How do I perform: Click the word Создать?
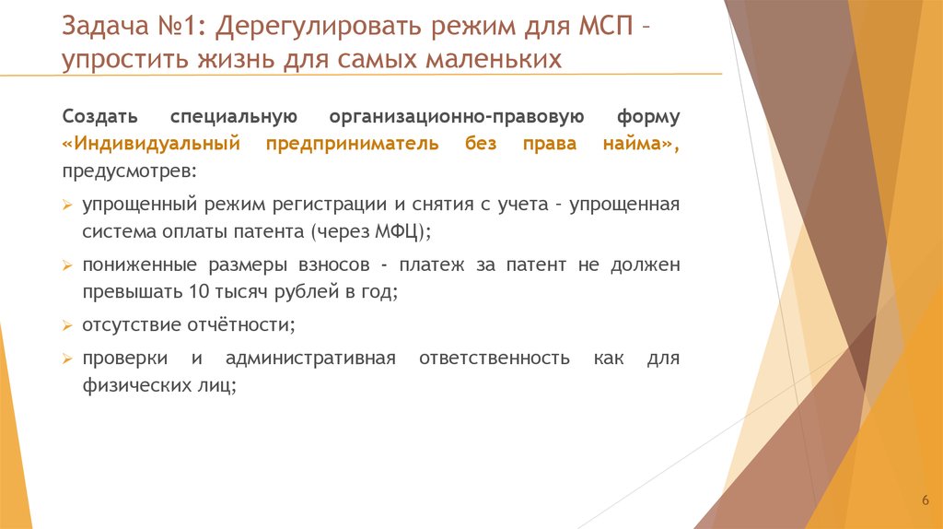pos(100,117)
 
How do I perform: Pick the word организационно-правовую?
pos(450,117)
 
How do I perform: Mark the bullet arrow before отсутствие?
pos(67,326)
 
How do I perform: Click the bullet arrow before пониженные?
pos(67,265)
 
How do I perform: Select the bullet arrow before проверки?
pos(67,359)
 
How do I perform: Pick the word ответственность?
pos(495,358)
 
